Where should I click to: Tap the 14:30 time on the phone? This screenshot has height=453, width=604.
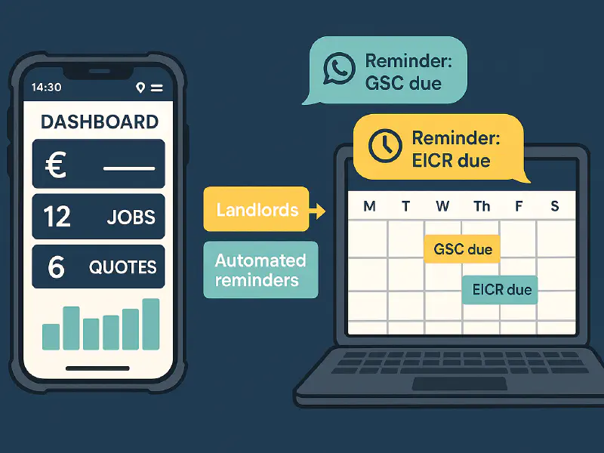[x=47, y=88]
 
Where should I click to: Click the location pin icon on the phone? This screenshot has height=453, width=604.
[x=140, y=88]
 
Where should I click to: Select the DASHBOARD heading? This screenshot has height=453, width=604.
[x=99, y=122]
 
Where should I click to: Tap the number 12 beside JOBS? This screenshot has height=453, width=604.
[x=57, y=217]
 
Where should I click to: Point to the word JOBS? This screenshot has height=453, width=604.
[x=131, y=217]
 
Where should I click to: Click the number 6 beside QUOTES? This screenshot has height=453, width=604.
[x=56, y=267]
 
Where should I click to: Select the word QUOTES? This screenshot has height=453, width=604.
[x=122, y=267]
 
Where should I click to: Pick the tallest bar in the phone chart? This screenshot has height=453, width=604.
[x=151, y=323]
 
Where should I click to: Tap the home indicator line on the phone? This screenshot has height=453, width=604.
[x=97, y=368]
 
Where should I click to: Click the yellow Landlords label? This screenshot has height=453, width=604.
[x=257, y=209]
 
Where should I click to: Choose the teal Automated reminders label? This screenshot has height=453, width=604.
[x=260, y=270]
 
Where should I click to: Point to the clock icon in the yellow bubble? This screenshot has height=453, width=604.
[x=384, y=145]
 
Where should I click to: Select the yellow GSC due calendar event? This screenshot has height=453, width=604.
[x=462, y=249]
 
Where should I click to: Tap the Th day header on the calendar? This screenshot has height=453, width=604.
[x=481, y=206]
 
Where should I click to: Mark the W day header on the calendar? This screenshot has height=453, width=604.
[x=443, y=206]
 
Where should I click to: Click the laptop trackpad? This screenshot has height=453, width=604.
[x=458, y=384]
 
